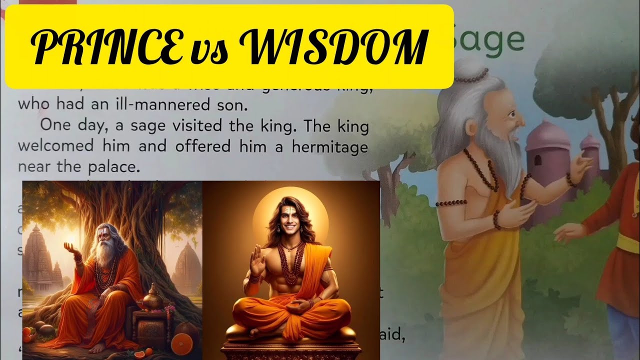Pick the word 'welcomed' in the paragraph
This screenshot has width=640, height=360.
(x=55, y=147)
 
